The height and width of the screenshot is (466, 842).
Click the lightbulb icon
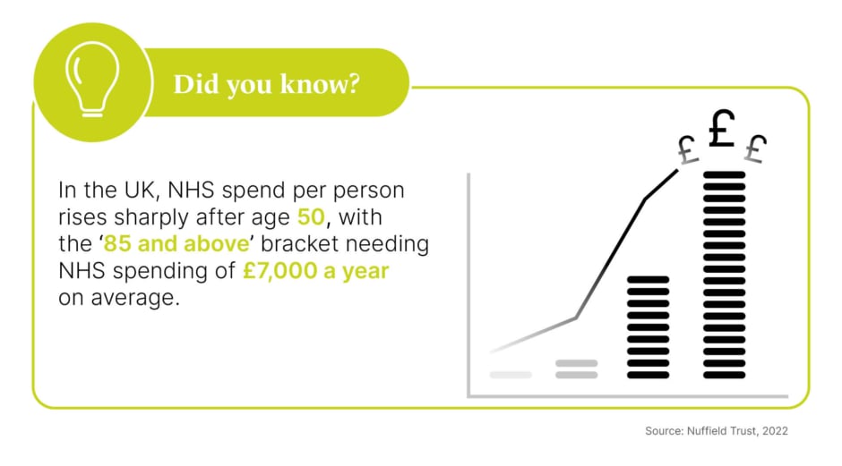92,80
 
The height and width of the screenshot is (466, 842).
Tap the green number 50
311,217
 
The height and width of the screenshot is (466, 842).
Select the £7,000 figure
279,271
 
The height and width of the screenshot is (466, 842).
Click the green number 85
117,244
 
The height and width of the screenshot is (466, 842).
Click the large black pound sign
721,128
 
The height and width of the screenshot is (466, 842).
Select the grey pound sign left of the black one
687,149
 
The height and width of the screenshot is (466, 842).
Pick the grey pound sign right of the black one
755,148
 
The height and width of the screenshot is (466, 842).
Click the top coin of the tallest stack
725,174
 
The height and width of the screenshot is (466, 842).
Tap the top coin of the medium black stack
649,280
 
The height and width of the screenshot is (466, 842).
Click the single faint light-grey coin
511,375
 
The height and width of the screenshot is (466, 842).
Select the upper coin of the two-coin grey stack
577,363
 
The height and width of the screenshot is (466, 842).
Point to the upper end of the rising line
678,170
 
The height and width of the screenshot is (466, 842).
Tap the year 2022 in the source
775,431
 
